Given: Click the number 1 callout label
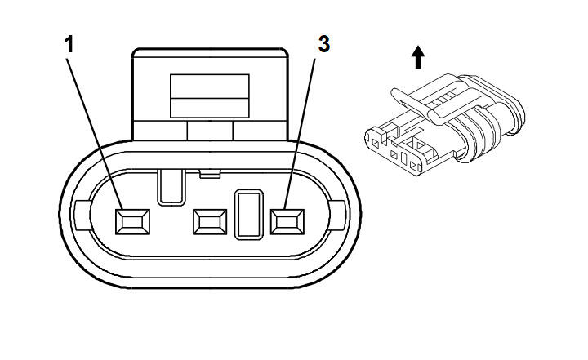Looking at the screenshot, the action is point(69,45).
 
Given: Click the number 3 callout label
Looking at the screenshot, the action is point(324,44).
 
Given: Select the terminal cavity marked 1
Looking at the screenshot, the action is point(133,222).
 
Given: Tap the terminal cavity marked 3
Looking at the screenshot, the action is point(287,222).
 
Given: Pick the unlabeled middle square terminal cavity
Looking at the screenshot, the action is point(210,222).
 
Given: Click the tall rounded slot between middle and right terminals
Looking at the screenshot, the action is point(248,215).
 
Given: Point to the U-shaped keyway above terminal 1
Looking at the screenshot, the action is point(171,188).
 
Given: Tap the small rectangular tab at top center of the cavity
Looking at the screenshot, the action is point(210,174).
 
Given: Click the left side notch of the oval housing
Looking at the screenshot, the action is point(82,216).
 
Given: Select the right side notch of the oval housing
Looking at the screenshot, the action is point(337,216).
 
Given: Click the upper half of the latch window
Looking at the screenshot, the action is point(210,87).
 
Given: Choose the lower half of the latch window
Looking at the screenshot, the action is point(210,108).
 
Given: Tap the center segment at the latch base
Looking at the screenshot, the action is point(210,131).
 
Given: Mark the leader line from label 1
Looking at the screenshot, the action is point(95,134).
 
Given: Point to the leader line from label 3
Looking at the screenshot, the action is point(299,134).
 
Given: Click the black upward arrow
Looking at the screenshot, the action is point(418,57).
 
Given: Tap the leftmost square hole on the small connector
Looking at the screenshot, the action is point(376,143).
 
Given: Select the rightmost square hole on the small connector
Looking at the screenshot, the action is point(413,166).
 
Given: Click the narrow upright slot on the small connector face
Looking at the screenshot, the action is point(404,158).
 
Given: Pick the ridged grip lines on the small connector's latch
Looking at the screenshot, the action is point(440,99).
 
